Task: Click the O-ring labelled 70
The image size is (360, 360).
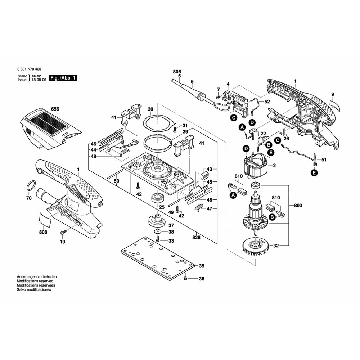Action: pyautogui.click(x=31, y=186)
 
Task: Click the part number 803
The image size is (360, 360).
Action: pyautogui.click(x=298, y=206)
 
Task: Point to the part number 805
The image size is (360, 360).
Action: pyautogui.click(x=177, y=72)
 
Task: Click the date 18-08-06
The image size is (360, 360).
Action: pyautogui.click(x=39, y=80)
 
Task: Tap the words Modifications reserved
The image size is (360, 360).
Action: pyautogui.click(x=35, y=281)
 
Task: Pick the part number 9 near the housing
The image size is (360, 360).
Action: pyautogui.click(x=332, y=95)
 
